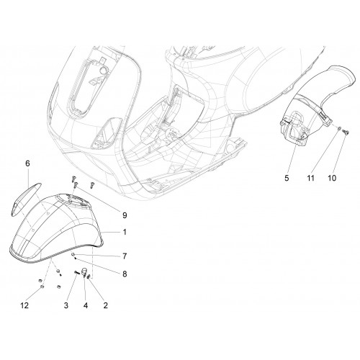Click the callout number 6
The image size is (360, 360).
pyautogui.click(x=27, y=163)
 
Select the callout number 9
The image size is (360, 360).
pyautogui.click(x=125, y=215)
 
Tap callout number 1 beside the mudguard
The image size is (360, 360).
pyautogui.click(x=125, y=232)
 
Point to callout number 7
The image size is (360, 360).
pyautogui.click(x=125, y=256)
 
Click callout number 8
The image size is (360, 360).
pyautogui.click(x=125, y=274)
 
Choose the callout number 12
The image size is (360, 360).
pyautogui.click(x=24, y=305)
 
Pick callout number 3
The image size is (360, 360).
pyautogui.click(x=66, y=305)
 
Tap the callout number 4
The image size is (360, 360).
pyautogui.click(x=86, y=305)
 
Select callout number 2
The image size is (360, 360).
pyautogui.click(x=105, y=305)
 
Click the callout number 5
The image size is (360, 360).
pyautogui.click(x=287, y=178)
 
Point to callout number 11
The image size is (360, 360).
pyautogui.click(x=310, y=178)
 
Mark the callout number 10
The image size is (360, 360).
pyautogui.click(x=332, y=178)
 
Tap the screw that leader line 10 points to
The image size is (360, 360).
pyautogui.click(x=346, y=132)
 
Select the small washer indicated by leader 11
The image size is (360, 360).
pyautogui.click(x=338, y=129)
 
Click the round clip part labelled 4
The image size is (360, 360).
pyautogui.click(x=84, y=272)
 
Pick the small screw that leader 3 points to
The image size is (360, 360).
pyautogui.click(x=77, y=272)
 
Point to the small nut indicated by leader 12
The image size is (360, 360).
pyautogui.click(x=42, y=286)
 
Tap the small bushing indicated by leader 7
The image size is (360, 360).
pyautogui.click(x=72, y=254)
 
